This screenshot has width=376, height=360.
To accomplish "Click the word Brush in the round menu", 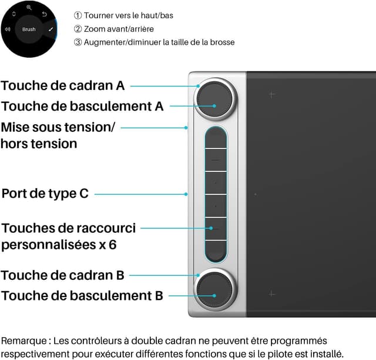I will click(29, 29).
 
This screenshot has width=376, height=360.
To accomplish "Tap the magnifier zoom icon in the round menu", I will click(29, 8).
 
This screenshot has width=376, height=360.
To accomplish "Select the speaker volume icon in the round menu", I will click(7, 29).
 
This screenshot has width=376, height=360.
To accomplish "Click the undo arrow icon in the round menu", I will click(44, 14).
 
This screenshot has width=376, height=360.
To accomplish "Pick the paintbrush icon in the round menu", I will click(51, 29).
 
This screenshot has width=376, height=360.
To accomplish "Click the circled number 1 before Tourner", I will click(78, 15).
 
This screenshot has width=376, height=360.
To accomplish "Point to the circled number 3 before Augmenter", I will click(78, 42).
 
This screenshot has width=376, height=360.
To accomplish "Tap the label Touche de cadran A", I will click(63, 85).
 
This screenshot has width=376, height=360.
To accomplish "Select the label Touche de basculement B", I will click(82, 296).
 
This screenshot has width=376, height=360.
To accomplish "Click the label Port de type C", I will click(45, 194).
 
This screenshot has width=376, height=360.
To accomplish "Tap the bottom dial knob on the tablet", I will click(214, 287).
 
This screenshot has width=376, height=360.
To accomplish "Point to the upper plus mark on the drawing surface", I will click(271, 94).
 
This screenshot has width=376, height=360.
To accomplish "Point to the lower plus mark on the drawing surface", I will click(271, 294).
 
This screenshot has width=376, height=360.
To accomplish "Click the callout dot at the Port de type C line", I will click(186, 194).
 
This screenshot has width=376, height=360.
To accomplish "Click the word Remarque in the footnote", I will click(24, 341).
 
